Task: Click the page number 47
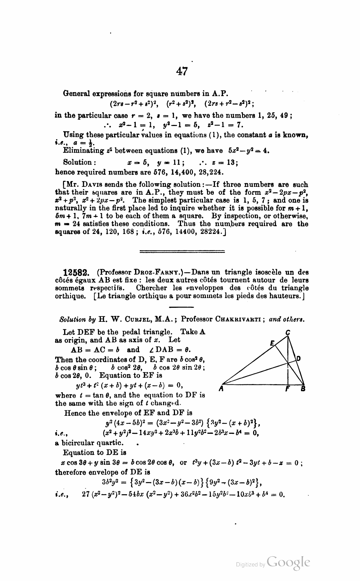[x=182, y=71]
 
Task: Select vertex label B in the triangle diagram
[x=303, y=389]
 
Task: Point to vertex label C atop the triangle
[x=288, y=333]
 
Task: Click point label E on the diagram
[x=272, y=343]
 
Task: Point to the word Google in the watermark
[x=288, y=562]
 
